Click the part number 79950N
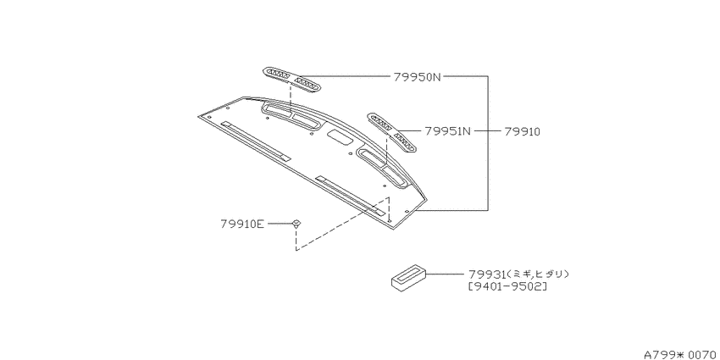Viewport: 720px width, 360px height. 417,77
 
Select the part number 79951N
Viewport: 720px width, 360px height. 448,131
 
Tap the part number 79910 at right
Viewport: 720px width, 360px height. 522,132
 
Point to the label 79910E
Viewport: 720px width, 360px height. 242,224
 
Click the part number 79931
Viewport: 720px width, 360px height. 487,274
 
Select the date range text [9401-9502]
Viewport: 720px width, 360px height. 507,287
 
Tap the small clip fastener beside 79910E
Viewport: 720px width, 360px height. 296,224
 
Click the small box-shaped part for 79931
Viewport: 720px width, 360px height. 408,278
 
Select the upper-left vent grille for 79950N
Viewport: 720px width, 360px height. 291,80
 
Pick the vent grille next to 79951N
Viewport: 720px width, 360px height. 391,132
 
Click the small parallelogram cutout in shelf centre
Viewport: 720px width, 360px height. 339,136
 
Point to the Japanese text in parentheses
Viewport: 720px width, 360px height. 538,274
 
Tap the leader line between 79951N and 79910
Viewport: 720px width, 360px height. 488,131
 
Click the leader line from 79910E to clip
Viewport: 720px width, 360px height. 280,224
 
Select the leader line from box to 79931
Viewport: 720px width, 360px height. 446,274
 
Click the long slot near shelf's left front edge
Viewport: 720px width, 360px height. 255,141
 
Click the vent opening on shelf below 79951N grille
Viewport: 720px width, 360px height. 383,168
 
